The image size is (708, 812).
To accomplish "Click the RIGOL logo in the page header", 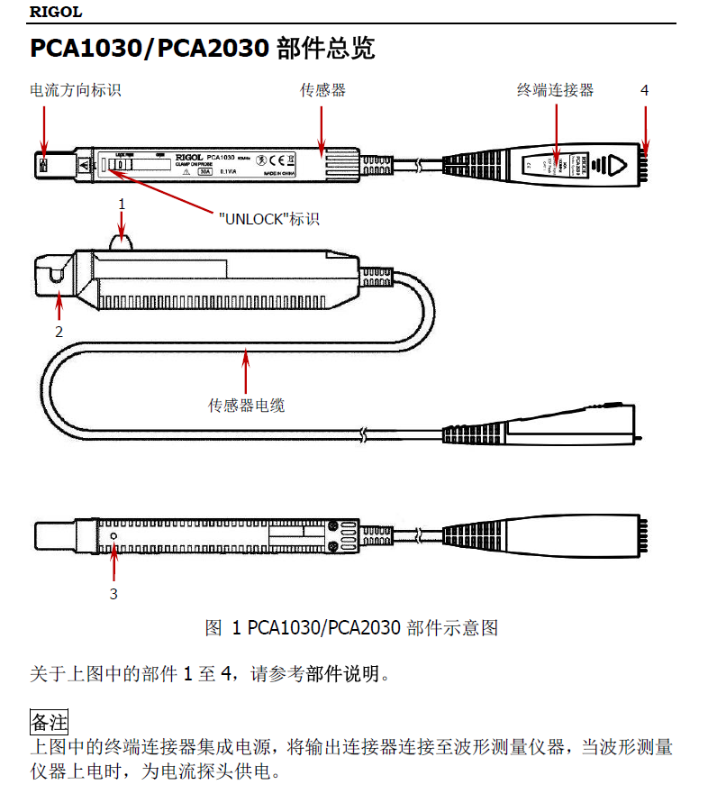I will pos(56,12).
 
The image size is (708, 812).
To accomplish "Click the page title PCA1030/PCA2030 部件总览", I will pos(202,49).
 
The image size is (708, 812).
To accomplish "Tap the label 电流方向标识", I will pos(76,90).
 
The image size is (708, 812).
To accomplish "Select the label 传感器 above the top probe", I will pos(322,90).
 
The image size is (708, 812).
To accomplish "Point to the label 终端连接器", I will pos(555,90).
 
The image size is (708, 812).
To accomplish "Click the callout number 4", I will pos(644,90).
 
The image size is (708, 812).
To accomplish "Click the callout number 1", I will pos(123,205).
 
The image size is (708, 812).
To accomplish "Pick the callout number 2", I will pos(59,331).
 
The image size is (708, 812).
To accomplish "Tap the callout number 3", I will pos(113,593).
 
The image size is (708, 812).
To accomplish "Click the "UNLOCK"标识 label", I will pos(269,219).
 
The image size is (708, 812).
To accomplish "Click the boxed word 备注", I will pos(50,722).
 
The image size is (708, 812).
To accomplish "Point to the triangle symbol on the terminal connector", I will pos(617,166).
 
